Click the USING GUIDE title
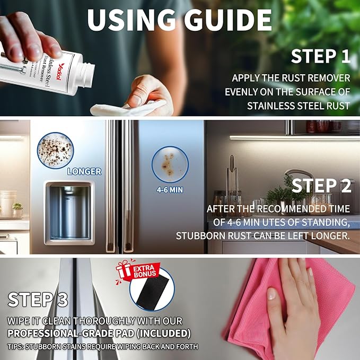click(x=180, y=20)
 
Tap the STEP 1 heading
click(x=321, y=57)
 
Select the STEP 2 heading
click(x=321, y=186)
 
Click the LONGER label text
click(x=84, y=171)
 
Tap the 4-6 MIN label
click(x=170, y=189)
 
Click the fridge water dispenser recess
click(x=69, y=212)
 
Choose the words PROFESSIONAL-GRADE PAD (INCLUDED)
click(x=99, y=333)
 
